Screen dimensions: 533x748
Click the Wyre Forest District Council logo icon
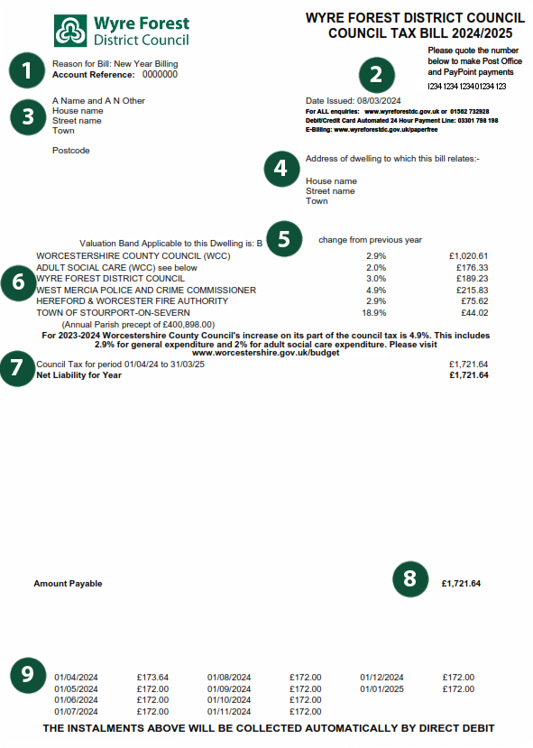(x=69, y=30)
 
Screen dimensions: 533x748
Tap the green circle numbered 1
(x=26, y=69)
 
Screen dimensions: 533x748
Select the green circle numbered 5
(x=284, y=237)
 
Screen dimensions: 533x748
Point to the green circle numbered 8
(x=409, y=578)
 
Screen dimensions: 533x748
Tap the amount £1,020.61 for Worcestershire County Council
(x=467, y=256)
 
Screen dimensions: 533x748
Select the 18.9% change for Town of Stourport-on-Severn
(x=375, y=313)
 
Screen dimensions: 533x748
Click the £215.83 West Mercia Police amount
(x=469, y=291)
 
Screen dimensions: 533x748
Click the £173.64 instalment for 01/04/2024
(x=152, y=678)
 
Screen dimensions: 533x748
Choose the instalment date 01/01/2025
(x=381, y=689)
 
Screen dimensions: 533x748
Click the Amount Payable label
(x=68, y=584)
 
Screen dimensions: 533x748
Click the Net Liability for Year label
(x=79, y=374)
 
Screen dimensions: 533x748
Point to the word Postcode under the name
(x=71, y=151)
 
